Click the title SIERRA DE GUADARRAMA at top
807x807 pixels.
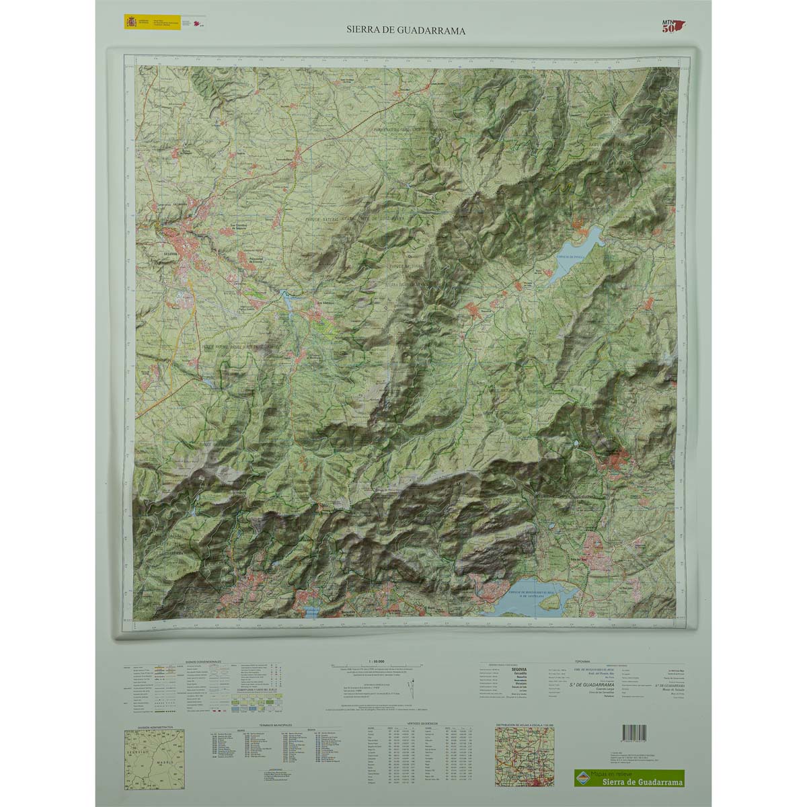tap(406, 30)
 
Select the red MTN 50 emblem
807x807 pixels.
tap(672, 24)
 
